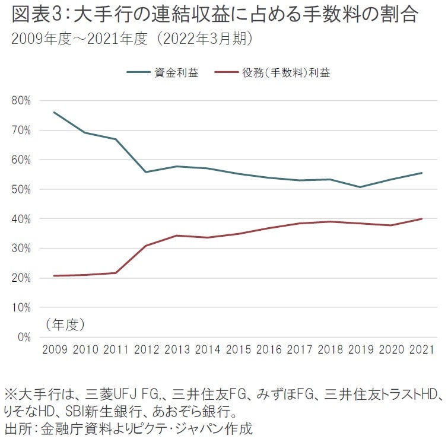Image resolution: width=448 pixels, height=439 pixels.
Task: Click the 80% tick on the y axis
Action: click(21, 101)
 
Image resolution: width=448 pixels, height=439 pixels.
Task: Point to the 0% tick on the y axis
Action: click(24, 337)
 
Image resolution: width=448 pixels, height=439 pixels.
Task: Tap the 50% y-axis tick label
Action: click(21, 189)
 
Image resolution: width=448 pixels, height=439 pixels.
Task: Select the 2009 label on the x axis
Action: click(54, 351)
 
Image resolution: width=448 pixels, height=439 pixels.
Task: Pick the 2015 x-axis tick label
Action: click(238, 351)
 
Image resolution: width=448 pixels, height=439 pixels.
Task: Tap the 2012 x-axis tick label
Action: click(146, 351)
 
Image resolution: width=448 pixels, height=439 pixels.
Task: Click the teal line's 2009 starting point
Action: click(54, 112)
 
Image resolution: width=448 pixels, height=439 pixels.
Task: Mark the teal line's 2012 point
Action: click(146, 172)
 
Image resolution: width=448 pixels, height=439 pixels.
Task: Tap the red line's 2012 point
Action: click(146, 246)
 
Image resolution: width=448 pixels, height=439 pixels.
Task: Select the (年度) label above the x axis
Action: click(65, 324)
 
